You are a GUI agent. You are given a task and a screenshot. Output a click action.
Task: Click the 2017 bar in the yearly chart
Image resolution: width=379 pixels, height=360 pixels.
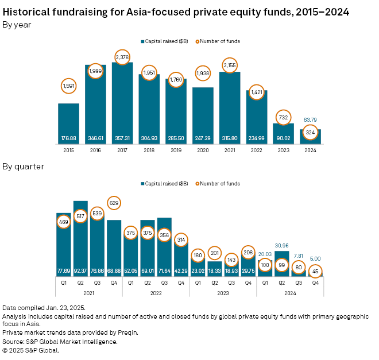tap(122, 103)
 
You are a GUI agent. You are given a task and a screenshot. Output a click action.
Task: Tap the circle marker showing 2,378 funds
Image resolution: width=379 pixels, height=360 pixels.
tap(122, 57)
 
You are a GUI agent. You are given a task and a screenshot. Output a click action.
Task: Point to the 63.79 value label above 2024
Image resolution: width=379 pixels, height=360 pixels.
tap(310, 120)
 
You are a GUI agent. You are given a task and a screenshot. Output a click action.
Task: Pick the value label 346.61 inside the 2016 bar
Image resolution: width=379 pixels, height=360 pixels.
tap(95, 138)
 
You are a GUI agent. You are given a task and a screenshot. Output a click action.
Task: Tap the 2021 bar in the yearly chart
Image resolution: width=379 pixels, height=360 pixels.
tap(230, 106)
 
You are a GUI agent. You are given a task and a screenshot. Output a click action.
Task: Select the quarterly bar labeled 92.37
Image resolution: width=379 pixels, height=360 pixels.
tap(80, 241)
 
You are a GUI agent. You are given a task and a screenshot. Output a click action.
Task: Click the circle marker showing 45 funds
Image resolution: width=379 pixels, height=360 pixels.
tap(315, 272)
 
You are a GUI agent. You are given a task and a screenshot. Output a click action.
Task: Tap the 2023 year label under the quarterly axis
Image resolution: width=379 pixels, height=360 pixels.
tap(223, 292)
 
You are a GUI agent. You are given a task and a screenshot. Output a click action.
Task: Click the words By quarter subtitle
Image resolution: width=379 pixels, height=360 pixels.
tap(24, 167)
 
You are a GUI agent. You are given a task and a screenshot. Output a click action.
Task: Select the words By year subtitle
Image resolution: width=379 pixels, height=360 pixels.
tap(17, 25)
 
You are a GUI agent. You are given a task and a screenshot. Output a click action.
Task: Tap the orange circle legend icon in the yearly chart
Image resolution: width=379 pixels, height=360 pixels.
tap(199, 41)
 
